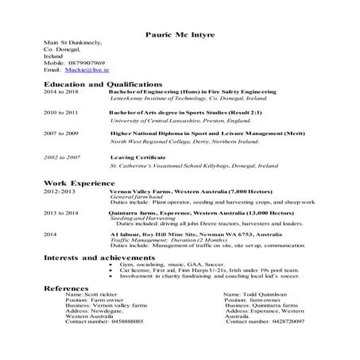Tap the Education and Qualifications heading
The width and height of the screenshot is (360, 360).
(x=103, y=83)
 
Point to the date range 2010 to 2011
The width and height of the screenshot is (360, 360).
(x=60, y=113)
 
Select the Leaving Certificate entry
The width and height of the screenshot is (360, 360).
(x=139, y=157)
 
